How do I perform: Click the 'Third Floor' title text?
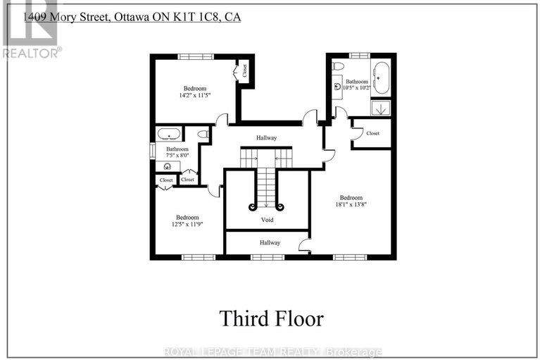271,318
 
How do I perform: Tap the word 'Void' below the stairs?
268,220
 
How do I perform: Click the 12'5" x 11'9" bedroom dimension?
187,226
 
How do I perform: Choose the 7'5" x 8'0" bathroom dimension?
177,156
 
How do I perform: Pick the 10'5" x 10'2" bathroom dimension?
357,88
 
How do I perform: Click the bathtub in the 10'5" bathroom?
381,77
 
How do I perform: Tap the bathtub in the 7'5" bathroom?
169,134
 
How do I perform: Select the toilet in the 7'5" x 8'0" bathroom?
203,133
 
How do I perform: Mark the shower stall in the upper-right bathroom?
381,108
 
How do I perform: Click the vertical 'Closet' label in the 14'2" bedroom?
245,70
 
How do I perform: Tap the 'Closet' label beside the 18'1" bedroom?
372,133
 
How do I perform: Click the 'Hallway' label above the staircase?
266,138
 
